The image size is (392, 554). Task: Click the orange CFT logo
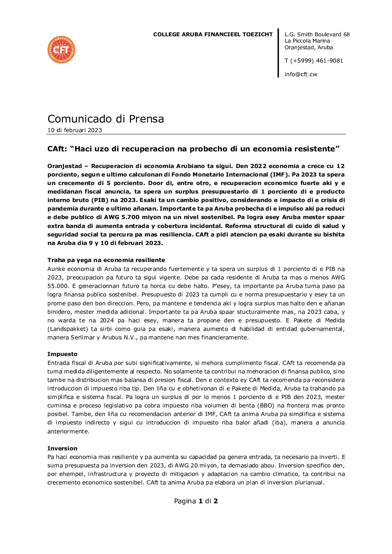point(61,50)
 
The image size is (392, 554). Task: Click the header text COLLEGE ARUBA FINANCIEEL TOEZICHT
point(213,34)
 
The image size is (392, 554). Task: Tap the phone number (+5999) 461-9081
point(316,61)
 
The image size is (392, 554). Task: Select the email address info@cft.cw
point(301,74)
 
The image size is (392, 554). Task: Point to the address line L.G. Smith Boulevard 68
point(317,34)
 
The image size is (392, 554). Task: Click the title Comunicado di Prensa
point(105,119)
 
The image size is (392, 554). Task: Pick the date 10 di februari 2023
point(74,130)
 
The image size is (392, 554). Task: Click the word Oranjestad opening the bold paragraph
point(64,166)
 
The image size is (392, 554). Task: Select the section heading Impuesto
point(62,354)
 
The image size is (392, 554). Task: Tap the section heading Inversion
point(62,449)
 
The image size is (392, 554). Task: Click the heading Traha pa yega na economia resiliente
point(106,260)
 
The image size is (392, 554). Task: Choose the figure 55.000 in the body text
point(58,286)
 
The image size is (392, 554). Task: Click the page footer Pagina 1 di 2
point(196,501)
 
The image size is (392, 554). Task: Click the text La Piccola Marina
point(307,41)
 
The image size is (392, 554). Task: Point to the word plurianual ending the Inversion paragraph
point(309,483)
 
